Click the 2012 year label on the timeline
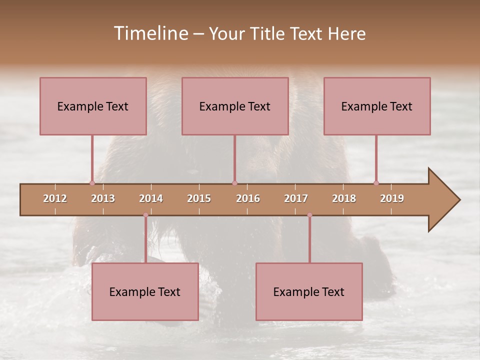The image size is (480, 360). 55,198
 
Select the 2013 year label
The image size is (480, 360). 103,198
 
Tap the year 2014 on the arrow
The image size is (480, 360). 151,198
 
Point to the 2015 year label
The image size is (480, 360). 199,198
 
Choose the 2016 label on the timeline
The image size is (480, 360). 248,198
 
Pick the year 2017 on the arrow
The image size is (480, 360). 296,198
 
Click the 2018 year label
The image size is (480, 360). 344,198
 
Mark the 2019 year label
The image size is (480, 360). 392,198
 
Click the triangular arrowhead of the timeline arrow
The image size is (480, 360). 442,200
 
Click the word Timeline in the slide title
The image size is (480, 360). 150,33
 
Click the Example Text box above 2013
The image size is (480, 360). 93,106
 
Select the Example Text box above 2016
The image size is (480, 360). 235,106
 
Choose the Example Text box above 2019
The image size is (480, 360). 377,106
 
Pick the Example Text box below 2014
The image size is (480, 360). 145,291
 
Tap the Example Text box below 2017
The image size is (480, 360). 309,291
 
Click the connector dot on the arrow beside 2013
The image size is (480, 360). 92,183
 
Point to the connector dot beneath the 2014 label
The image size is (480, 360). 145,215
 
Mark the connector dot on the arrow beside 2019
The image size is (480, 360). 376,183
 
